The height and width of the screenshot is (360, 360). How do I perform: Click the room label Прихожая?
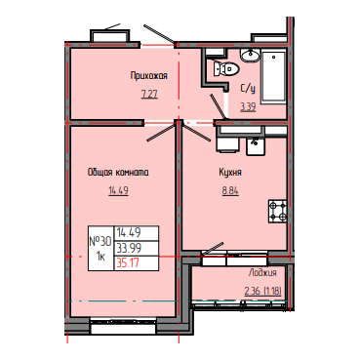[x=149, y=76]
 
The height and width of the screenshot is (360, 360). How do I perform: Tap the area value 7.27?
[x=149, y=95]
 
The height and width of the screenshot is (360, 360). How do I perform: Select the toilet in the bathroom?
[x=226, y=68]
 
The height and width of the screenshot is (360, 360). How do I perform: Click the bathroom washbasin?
[x=250, y=55]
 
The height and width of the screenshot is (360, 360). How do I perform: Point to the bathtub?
[x=273, y=77]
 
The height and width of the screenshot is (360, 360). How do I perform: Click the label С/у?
[x=248, y=89]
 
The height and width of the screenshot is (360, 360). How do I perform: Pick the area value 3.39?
[x=248, y=106]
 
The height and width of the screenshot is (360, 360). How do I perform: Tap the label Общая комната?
[x=118, y=172]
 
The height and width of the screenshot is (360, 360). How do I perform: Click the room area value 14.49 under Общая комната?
[x=118, y=190]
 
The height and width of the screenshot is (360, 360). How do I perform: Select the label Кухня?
[x=230, y=172]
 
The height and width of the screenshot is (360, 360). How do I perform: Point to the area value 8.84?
[x=230, y=190]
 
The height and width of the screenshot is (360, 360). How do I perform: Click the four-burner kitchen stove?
[x=277, y=211]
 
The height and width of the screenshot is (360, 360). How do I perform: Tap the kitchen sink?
[x=256, y=146]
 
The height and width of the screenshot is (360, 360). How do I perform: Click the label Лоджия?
[x=262, y=272]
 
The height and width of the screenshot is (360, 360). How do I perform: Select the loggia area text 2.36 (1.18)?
[x=262, y=291]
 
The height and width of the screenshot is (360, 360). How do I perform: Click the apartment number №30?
[x=100, y=242]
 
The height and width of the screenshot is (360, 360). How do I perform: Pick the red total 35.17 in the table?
[x=128, y=262]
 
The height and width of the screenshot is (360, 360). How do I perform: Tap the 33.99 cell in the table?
[x=129, y=249]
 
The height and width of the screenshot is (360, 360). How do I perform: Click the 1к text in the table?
[x=100, y=257]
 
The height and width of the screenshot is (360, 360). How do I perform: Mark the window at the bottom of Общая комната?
[x=123, y=326]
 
